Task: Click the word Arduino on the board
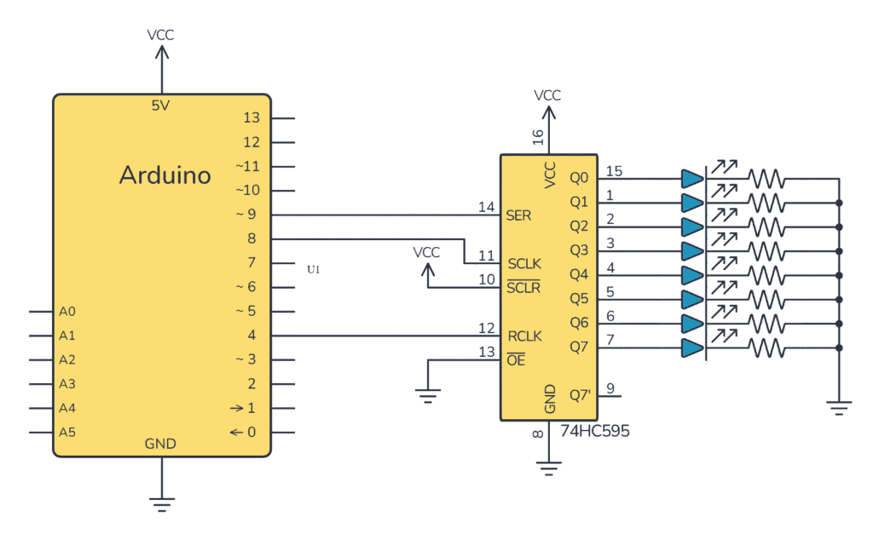pyautogui.click(x=165, y=175)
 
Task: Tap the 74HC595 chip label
pyautogui.click(x=595, y=431)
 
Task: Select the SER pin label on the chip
pyautogui.click(x=518, y=215)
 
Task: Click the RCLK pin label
pyautogui.click(x=524, y=336)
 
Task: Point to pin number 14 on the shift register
pyautogui.click(x=487, y=207)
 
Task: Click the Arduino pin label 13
pyautogui.click(x=251, y=118)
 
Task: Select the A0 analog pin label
pyautogui.click(x=68, y=312)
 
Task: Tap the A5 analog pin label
pyautogui.click(x=68, y=433)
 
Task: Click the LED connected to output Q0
pyautogui.click(x=693, y=179)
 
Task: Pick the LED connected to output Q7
pyautogui.click(x=693, y=347)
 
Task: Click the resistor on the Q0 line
pyautogui.click(x=766, y=179)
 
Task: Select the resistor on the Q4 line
pyautogui.click(x=766, y=275)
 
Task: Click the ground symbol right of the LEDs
pyautogui.click(x=840, y=408)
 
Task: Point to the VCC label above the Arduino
pyautogui.click(x=161, y=36)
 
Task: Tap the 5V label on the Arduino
pyautogui.click(x=161, y=106)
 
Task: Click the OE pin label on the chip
pyautogui.click(x=517, y=360)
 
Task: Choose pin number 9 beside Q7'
pyautogui.click(x=610, y=388)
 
